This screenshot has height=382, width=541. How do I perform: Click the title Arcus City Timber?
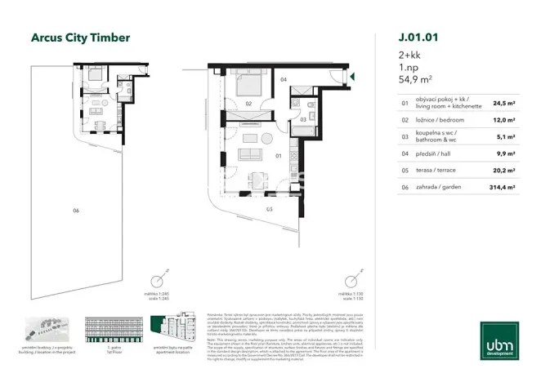click(79, 37)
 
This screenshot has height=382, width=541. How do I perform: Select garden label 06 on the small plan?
click(75, 211)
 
